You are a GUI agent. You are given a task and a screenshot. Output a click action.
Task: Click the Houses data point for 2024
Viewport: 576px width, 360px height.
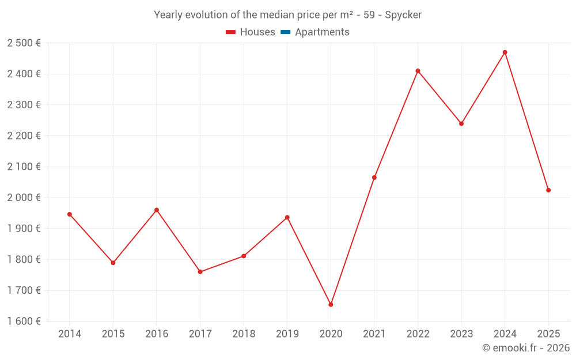point(505,52)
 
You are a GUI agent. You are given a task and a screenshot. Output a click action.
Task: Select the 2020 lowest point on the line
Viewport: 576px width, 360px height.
point(331,304)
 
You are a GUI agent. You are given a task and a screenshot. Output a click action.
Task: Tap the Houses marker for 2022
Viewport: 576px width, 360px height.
point(418,71)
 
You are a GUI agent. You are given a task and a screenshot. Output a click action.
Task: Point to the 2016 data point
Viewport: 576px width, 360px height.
point(157,210)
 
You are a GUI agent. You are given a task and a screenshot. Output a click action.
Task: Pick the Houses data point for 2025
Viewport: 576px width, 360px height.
point(548,190)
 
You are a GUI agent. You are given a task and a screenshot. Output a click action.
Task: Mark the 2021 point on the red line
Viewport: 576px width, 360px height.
point(374,177)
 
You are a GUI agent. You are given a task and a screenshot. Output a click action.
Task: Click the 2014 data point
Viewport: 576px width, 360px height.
point(70,214)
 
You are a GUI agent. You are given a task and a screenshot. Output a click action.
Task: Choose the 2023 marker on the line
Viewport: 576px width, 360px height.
point(461,123)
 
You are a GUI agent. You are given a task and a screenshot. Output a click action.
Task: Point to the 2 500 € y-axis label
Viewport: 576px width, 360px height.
point(24,43)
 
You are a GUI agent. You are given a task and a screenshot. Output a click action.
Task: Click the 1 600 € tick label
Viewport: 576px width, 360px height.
point(24,321)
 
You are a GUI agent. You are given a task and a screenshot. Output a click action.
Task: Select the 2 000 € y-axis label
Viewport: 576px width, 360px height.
point(24,198)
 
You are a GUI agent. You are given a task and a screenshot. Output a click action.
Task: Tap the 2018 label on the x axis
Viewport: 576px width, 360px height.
point(244,334)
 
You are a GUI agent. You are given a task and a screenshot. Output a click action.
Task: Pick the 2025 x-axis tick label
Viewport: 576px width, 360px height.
point(548,334)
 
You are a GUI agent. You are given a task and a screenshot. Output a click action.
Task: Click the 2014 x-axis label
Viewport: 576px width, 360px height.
point(70,334)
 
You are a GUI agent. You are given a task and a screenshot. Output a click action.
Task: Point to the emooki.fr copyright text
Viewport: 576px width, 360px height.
point(525,348)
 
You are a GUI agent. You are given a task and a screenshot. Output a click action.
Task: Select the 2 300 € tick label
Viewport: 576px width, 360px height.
point(24,105)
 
